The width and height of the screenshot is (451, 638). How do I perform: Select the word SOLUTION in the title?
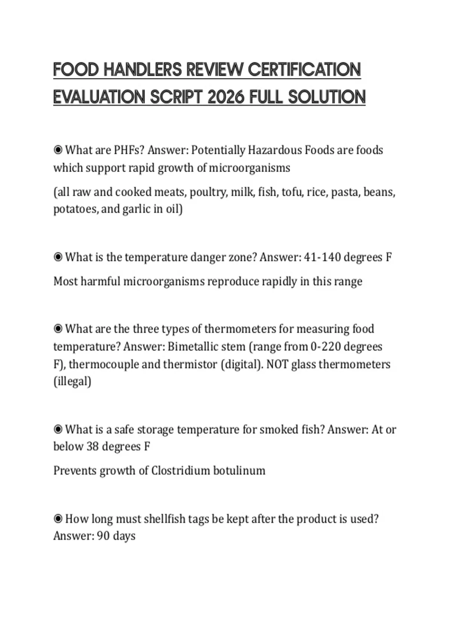pyautogui.click(x=327, y=97)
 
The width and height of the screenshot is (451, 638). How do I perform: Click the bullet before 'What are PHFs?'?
pyautogui.click(x=58, y=150)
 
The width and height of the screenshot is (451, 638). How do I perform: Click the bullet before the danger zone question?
pyautogui.click(x=58, y=257)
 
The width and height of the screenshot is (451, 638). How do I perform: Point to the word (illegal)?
pyautogui.click(x=72, y=382)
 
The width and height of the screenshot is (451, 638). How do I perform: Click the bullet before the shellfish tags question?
pyautogui.click(x=58, y=519)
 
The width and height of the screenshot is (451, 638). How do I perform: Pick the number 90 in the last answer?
pyautogui.click(x=103, y=536)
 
